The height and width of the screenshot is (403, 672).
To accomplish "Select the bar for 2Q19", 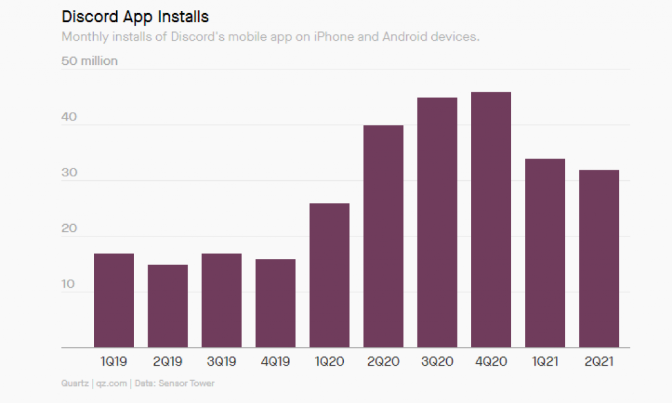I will (167, 306).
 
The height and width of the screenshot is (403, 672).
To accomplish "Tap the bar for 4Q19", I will (275, 303).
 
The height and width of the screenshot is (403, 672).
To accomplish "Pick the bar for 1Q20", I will (329, 275).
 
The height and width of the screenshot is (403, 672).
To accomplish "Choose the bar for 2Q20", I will (383, 236).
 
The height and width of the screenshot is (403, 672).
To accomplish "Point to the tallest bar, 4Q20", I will (490, 220).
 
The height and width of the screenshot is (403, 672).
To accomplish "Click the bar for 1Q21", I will (544, 253).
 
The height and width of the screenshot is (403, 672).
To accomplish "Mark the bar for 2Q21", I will (598, 259).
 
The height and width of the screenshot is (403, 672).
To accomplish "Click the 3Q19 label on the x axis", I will (221, 361).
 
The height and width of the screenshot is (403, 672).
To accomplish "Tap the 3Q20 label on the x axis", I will (436, 361).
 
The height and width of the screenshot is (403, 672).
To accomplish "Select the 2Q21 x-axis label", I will (598, 361).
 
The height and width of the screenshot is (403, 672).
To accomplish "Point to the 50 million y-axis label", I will (89, 61).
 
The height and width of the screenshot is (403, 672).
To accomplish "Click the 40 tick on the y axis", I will (69, 117).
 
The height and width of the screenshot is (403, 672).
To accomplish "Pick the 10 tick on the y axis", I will (69, 285).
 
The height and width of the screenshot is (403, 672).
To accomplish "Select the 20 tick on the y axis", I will (69, 229).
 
